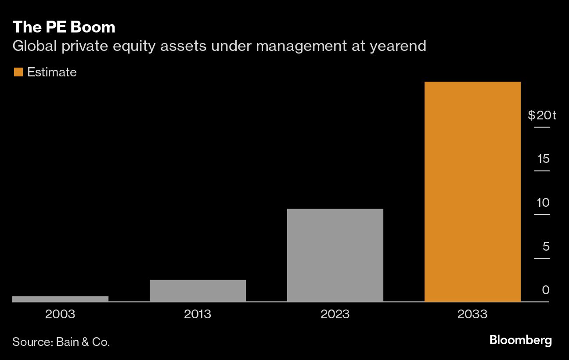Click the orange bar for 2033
472,191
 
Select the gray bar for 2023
335,255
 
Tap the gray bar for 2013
198,291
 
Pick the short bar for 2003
60,299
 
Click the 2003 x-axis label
60,314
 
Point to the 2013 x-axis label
198,314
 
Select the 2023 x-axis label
335,314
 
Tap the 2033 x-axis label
472,314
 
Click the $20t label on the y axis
542,115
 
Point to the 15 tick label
543,159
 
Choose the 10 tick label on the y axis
543,203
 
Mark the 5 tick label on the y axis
546,246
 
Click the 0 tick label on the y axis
546,290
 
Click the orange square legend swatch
18,72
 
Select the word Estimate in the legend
52,72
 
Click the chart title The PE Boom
64,27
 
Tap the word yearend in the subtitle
398,46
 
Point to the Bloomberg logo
520,340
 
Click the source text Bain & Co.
83,342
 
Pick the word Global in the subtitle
34,46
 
